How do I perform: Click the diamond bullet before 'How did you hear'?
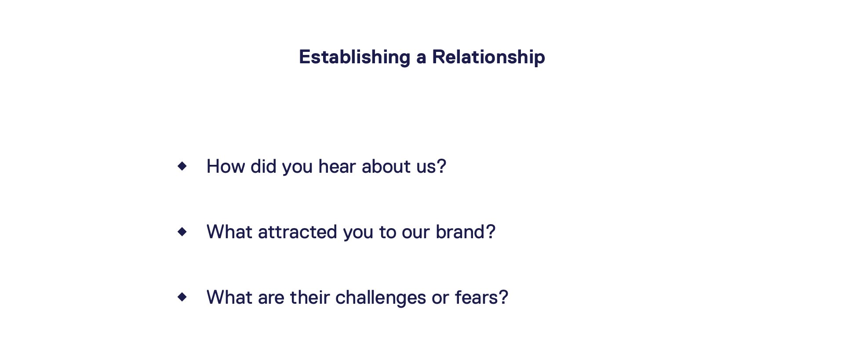[182, 166]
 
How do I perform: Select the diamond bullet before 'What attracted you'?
[182, 232]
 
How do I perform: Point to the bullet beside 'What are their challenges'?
[182, 297]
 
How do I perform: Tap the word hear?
[337, 167]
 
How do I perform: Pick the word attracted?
[298, 232]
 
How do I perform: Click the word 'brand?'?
[466, 232]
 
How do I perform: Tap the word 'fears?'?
[481, 298]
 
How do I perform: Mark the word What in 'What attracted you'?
[229, 232]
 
